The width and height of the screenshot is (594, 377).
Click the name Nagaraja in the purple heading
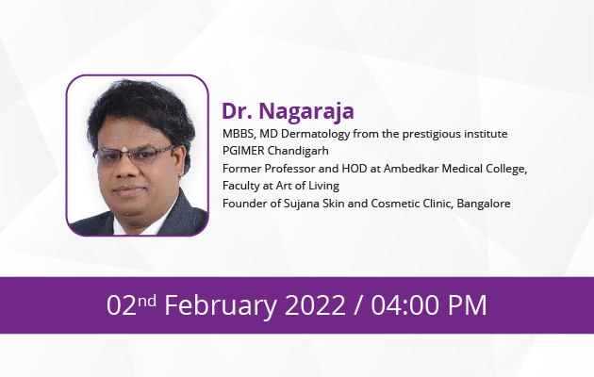pos(306,112)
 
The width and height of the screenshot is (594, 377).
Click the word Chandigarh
pos(298,152)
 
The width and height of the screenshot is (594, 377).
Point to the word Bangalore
pos(484,204)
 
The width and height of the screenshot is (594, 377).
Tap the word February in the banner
pos(222,306)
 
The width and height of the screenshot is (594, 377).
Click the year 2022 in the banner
pos(315,305)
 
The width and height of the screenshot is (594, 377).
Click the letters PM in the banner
pos(468,305)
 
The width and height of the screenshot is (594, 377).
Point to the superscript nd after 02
pos(146,302)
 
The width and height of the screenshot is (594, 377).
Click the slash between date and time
pos(357,305)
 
